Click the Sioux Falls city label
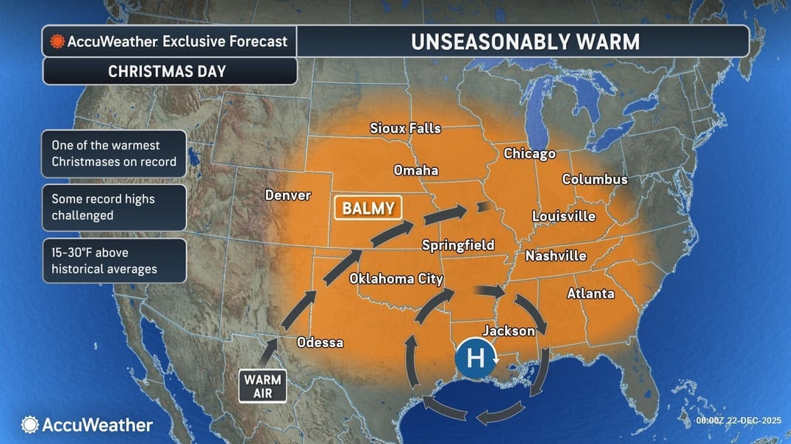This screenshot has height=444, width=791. pos(405,128)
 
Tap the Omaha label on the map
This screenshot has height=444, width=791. pos(416,170)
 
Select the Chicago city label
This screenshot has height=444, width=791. pos(529,153)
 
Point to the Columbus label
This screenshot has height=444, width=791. pos(595,179)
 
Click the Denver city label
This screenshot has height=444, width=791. pos(287,195)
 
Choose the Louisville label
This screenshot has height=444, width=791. pos(564,216)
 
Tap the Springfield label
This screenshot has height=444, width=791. pos(458,245)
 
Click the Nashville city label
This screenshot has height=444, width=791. pos(556,255)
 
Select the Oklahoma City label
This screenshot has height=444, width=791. pos(395,279)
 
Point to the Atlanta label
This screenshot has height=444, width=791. pos(590,294)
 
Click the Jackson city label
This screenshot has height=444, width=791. pos(508,331)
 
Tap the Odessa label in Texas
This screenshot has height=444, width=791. pos(319,343)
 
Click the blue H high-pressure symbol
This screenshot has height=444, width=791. pos(476,359)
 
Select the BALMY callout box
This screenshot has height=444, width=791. pos(368,208)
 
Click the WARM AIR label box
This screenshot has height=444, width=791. pos(262,386)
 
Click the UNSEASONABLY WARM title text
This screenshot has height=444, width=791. pos(525,42)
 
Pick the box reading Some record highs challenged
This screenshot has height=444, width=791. pos(114,207)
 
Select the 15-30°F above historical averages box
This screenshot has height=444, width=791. pos(114,261)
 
